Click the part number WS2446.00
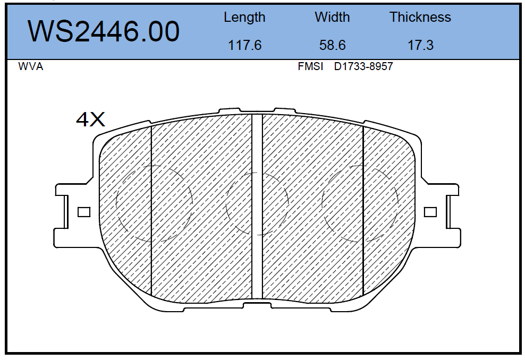pos(104,31)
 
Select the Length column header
pos(244,18)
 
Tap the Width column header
pos(332,17)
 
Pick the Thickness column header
pos(420,17)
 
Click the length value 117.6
pos(244,45)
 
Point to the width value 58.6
pos(332,45)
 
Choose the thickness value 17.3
pos(420,45)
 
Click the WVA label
pos(30,66)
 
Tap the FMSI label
pos(310,66)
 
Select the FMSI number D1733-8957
pos(363,66)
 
